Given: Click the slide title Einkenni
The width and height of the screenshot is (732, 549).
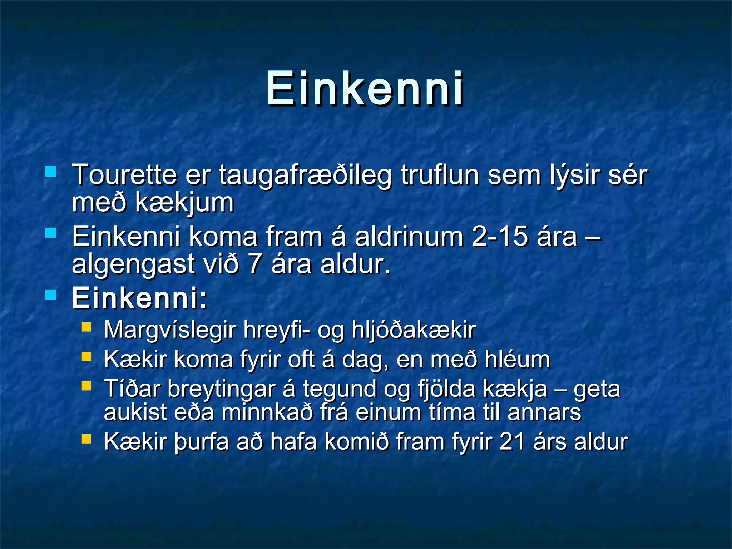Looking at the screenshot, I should point(365,89).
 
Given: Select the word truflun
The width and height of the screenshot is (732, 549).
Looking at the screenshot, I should point(440,175).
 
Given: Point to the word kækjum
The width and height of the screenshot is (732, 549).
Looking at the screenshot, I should point(184,203).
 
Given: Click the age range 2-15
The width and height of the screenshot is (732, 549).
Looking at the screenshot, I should point(499,237).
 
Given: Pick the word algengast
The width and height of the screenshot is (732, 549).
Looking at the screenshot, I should point(133,264).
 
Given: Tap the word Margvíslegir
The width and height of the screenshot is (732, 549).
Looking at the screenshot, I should point(170,330).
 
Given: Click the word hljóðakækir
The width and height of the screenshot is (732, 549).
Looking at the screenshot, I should point(414,330).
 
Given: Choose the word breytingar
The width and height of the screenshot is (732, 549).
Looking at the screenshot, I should point(222,389).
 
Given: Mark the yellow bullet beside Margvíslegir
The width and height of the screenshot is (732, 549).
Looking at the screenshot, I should point(86,327).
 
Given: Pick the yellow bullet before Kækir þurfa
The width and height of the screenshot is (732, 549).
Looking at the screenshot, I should point(86,439).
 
